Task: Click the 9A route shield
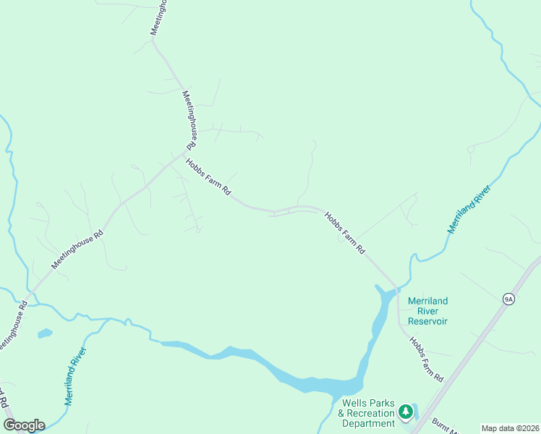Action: point(508,298)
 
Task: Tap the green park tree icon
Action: point(406,412)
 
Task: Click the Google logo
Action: point(24,425)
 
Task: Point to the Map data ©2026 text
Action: point(510,428)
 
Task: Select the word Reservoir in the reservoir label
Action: point(427,321)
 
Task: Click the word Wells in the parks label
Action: point(357,403)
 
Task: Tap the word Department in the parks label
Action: point(368,423)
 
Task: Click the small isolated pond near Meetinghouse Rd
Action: point(45,333)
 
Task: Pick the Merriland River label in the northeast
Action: point(469,209)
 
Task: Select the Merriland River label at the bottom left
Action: point(75,375)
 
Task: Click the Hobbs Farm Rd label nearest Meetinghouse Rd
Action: point(208,177)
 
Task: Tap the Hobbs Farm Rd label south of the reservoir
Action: point(426,359)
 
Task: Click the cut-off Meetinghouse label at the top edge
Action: point(158,17)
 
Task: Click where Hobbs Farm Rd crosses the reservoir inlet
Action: point(397,290)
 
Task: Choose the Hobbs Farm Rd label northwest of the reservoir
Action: point(345,232)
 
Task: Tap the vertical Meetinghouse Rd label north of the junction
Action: point(189,120)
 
